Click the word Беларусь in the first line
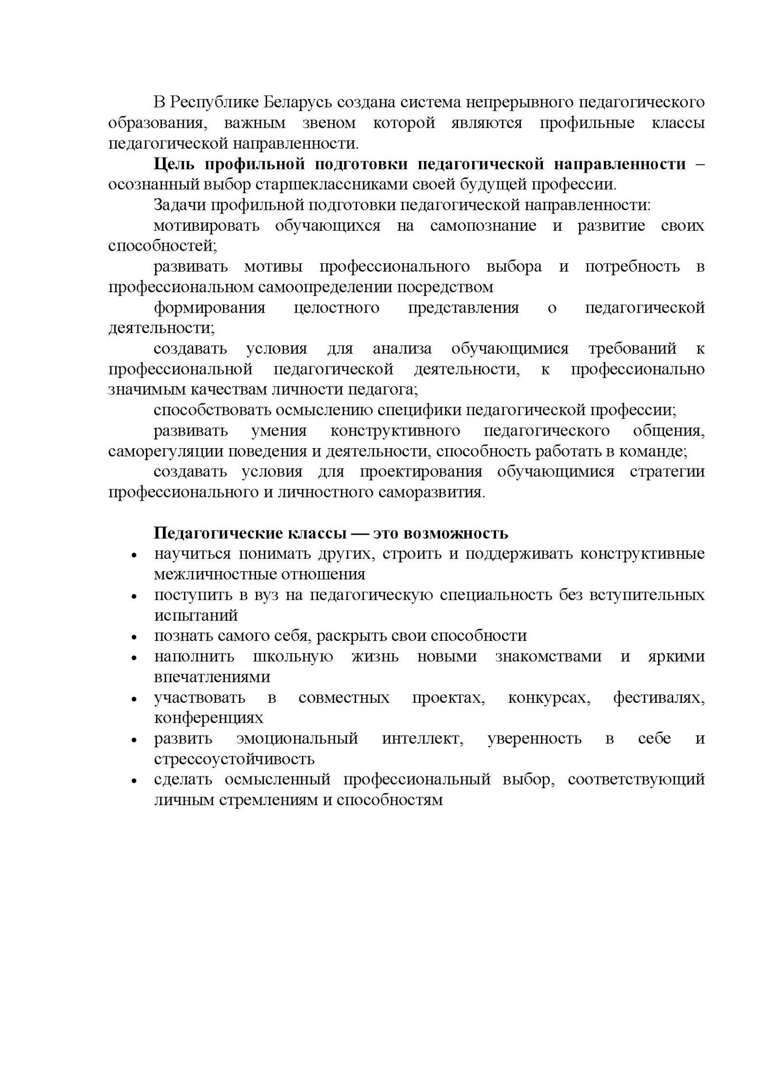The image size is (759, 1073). pos(298,102)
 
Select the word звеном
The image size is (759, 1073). pos(329,123)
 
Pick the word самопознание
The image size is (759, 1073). pos(483,226)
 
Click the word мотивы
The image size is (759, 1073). pos(273,267)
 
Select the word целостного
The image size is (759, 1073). pos(337,308)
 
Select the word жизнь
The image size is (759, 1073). pos(375,656)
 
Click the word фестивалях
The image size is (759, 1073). pos(658,698)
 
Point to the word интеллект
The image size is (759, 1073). pos(422,738)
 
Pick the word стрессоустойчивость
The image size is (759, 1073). pos(234,759)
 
